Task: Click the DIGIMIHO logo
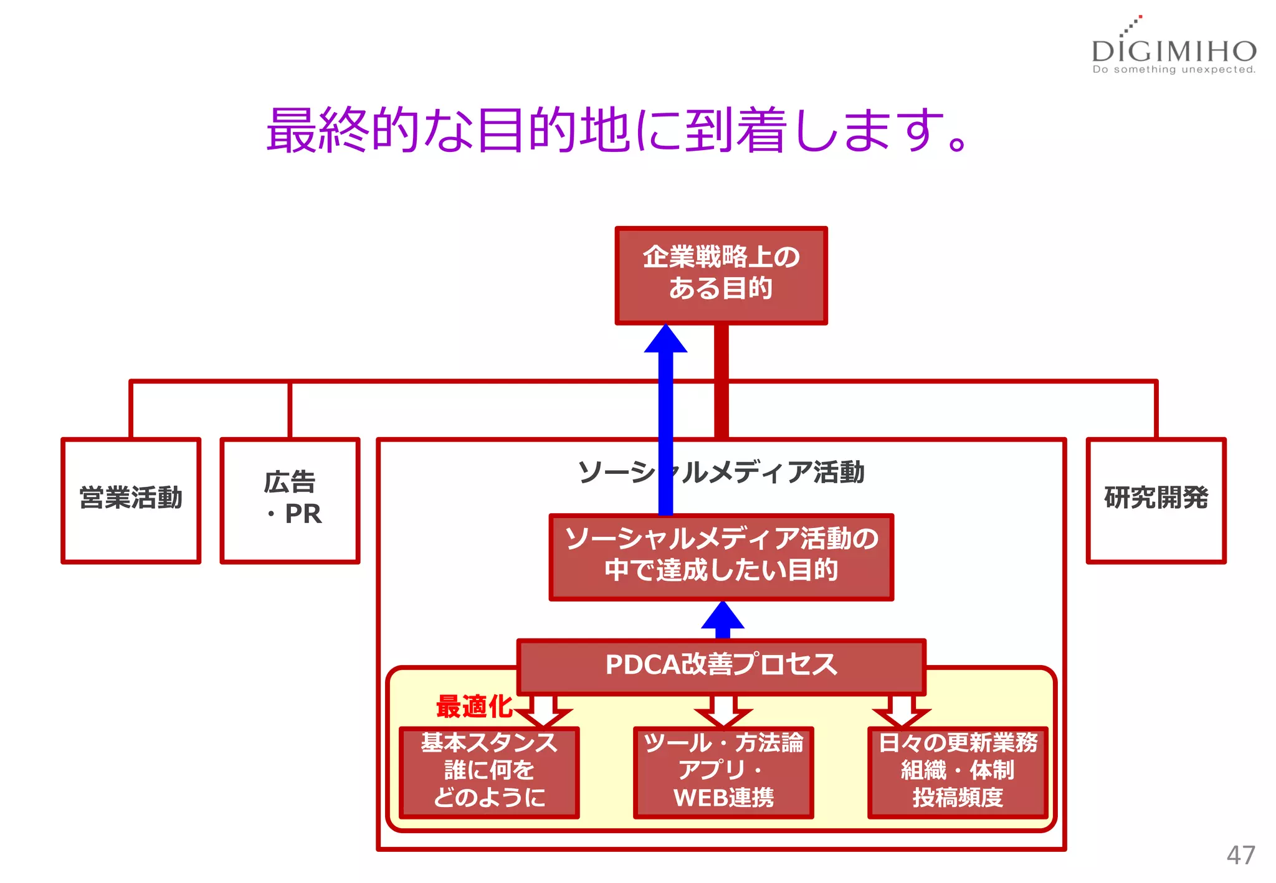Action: [1174, 50]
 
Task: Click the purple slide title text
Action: [617, 130]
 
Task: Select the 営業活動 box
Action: [131, 500]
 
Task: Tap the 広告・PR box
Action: [290, 500]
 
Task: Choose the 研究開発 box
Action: [1156, 500]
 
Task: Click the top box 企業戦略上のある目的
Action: [721, 275]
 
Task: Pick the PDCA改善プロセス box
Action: [721, 666]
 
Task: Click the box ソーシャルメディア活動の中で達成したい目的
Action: [721, 556]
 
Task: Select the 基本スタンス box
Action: [489, 772]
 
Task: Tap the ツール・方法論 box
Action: [723, 772]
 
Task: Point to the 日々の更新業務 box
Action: [958, 772]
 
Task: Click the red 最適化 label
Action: [474, 707]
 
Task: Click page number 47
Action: [1240, 855]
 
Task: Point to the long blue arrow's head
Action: [665, 339]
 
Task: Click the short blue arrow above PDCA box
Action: [722, 619]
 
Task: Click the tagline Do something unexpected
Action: [1174, 70]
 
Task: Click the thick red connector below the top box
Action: [721, 380]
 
